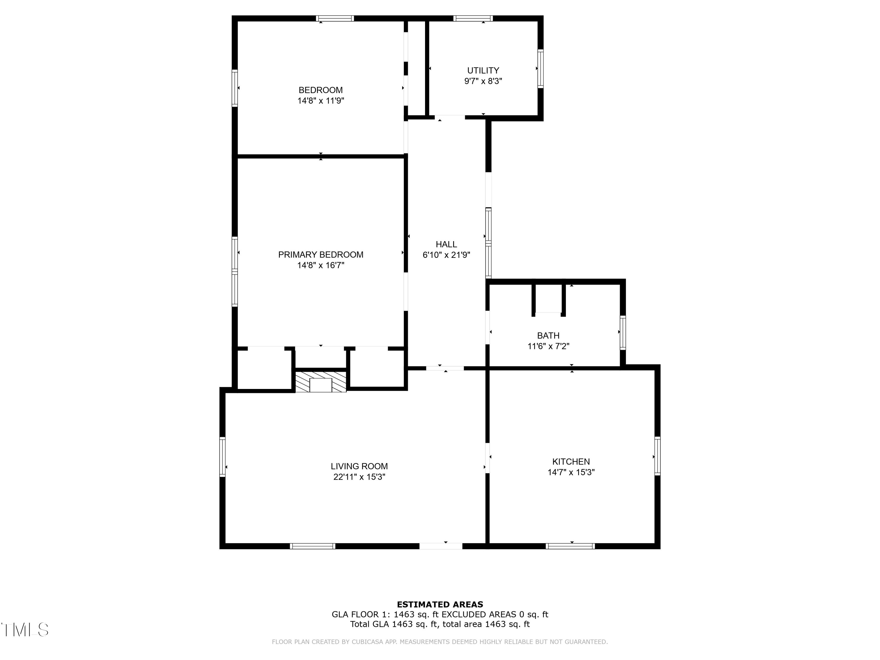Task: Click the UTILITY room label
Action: pos(483,70)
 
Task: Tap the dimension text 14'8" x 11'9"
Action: pos(321,101)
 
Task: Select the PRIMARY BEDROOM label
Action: pos(321,255)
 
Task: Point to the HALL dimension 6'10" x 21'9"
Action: pos(446,255)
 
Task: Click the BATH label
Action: pos(548,335)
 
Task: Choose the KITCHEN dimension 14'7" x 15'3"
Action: pos(571,472)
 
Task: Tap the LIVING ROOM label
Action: pos(359,466)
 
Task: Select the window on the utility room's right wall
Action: pos(540,68)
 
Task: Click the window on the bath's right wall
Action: pos(623,333)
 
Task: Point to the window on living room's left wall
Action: pos(222,457)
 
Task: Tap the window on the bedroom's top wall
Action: pos(335,18)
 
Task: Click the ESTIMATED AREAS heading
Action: pos(440,605)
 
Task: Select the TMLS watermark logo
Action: pos(25,630)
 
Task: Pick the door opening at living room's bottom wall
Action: pos(441,546)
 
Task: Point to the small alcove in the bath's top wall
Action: pos(548,299)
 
